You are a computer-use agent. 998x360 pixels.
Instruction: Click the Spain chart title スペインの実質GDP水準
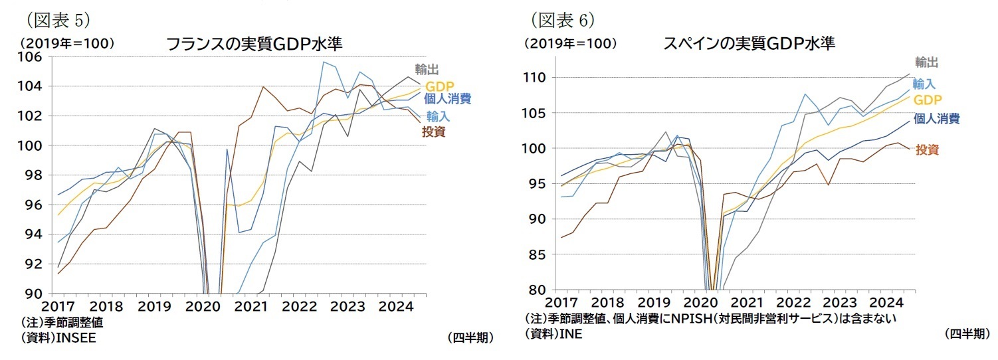pos(749,45)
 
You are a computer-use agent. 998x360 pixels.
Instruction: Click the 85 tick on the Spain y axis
pos(538,254)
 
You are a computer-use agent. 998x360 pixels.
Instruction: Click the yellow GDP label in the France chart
pos(439,87)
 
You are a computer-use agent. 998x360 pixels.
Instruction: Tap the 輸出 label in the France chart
pos(427,69)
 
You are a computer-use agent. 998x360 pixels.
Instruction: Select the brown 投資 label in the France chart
pos(433,132)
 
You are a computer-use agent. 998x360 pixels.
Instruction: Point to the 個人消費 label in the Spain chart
pos(936,119)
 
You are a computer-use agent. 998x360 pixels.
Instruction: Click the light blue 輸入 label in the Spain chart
pos(924,84)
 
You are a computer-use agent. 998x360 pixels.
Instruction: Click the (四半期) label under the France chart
pos(470,337)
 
